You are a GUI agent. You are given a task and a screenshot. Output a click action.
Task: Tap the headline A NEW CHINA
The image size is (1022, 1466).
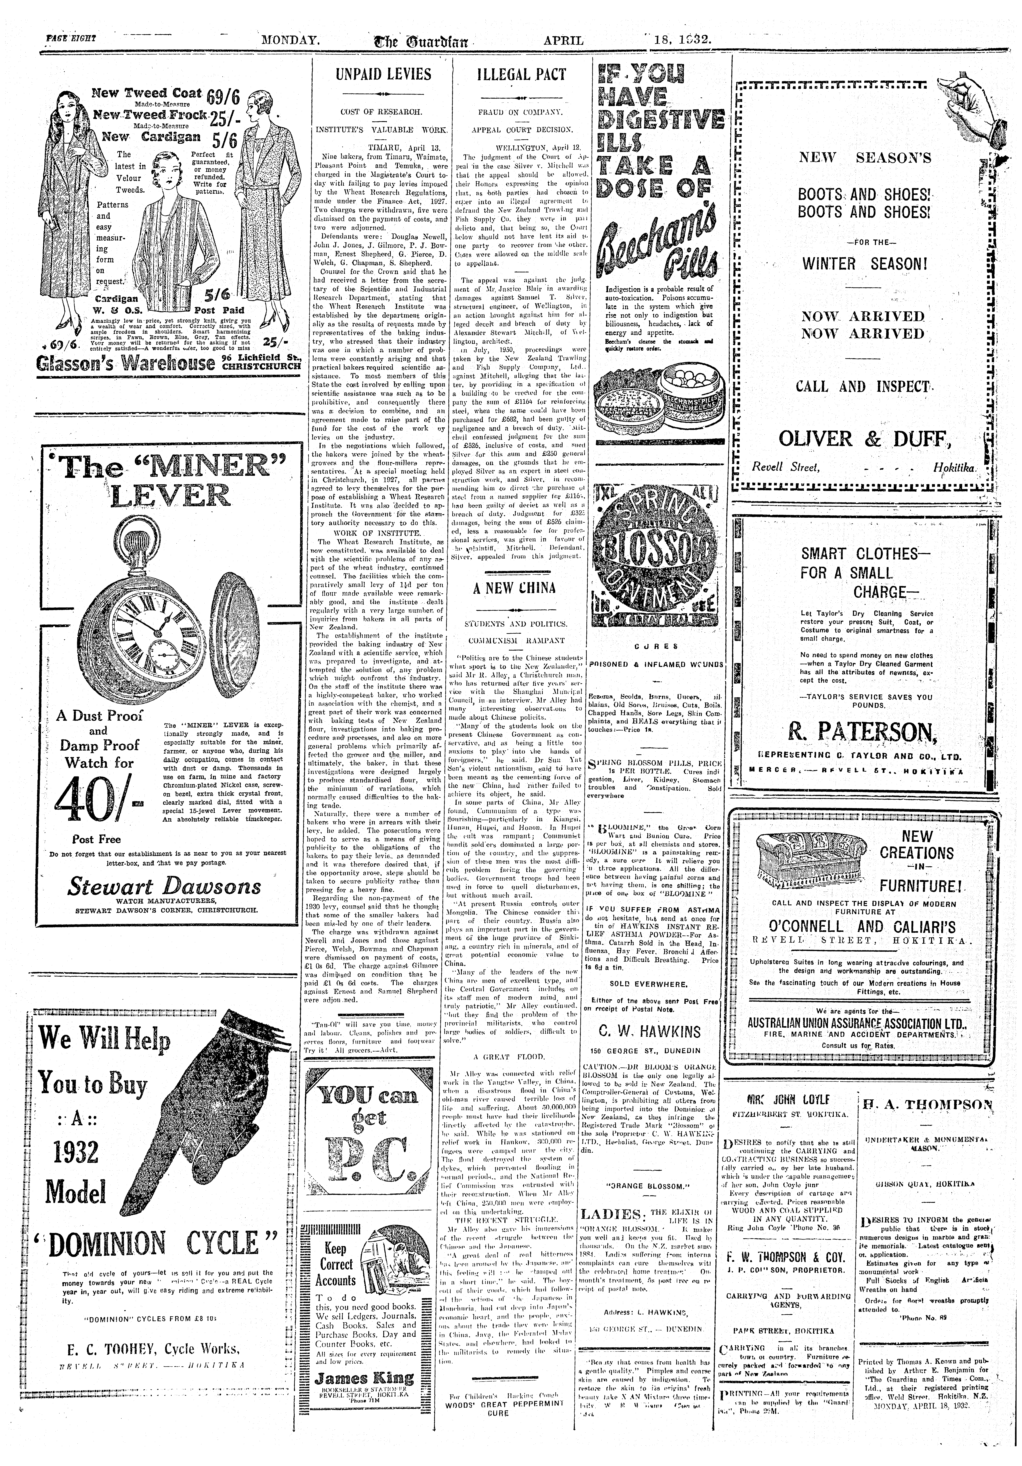point(514,588)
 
